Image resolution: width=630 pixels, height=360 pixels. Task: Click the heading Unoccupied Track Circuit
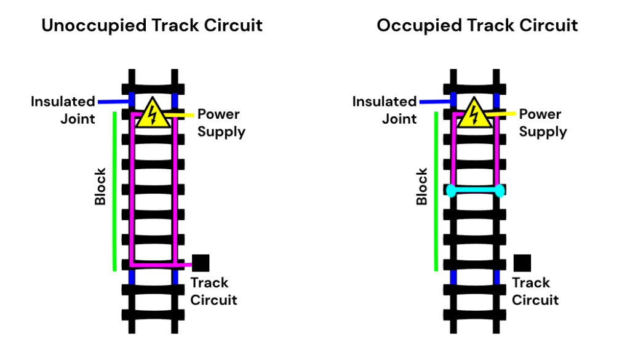click(151, 25)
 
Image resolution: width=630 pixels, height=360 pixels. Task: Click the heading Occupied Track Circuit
click(477, 25)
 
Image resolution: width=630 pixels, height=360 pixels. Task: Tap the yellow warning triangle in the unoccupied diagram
click(151, 114)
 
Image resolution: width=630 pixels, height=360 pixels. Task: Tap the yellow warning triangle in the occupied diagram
click(474, 114)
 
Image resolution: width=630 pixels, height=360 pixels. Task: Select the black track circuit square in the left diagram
click(201, 263)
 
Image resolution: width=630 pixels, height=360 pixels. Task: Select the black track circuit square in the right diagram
click(522, 263)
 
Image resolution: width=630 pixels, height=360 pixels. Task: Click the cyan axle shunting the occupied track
click(476, 191)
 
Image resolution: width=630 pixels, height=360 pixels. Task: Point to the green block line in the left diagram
click(114, 191)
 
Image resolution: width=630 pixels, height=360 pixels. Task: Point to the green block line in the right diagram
click(436, 191)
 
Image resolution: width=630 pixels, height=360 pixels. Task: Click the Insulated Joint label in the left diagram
click(63, 110)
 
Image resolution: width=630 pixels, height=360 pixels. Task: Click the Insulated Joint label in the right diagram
click(385, 110)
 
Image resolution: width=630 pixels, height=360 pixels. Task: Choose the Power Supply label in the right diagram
click(541, 123)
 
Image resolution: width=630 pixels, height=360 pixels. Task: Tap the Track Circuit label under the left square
click(212, 291)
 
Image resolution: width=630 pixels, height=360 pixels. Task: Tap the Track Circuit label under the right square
click(534, 291)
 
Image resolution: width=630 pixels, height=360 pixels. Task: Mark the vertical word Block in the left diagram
click(100, 186)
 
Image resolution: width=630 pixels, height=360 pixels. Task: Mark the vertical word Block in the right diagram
click(422, 186)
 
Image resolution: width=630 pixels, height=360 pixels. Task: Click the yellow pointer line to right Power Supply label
click(503, 114)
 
